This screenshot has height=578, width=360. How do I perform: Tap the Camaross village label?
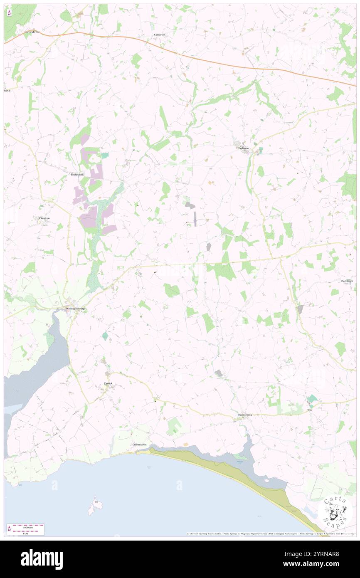tap(160, 35)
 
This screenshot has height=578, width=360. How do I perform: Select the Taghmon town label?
tap(244, 148)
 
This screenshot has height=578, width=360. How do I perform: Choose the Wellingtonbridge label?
tap(75, 309)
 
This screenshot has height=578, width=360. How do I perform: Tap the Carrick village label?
tap(108, 383)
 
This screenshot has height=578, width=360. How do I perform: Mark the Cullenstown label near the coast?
tap(140, 445)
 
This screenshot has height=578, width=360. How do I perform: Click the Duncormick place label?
tap(245, 415)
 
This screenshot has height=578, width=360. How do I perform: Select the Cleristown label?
tap(347, 281)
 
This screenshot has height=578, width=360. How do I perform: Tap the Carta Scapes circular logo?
tap(338, 511)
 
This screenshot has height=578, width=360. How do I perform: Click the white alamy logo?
tap(42, 559)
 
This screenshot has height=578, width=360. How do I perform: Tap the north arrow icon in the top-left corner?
tap(9, 12)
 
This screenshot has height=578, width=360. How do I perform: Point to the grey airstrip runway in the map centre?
tap(195, 219)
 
